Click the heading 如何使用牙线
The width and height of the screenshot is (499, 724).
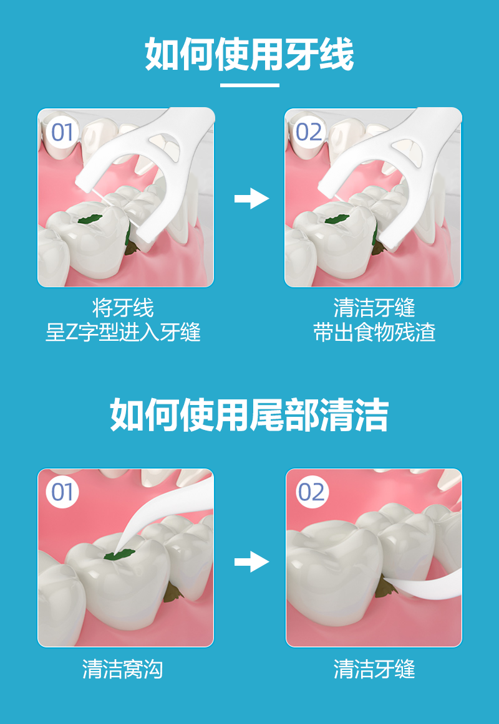click(x=249, y=54)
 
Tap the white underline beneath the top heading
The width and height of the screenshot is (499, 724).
click(x=249, y=85)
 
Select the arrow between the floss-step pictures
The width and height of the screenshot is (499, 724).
click(x=251, y=199)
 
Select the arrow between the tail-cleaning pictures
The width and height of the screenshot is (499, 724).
click(x=251, y=561)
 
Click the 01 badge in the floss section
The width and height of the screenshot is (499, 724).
click(x=62, y=133)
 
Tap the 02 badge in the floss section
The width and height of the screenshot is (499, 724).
click(x=309, y=133)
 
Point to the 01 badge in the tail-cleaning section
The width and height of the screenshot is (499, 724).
click(x=62, y=492)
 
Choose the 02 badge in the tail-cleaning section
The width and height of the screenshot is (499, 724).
click(x=312, y=492)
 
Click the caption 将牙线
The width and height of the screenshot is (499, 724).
click(x=123, y=308)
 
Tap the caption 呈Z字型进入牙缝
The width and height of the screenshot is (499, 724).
click(x=123, y=333)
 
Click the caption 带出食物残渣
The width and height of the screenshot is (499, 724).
click(x=374, y=333)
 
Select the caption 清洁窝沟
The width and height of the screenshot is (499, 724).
click(x=123, y=669)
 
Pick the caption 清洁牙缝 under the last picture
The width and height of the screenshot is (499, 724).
click(x=374, y=669)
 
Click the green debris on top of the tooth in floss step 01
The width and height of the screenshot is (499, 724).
click(x=90, y=219)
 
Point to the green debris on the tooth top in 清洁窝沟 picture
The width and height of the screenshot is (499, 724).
click(x=119, y=554)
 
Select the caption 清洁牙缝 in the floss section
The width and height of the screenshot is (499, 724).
click(x=374, y=308)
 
